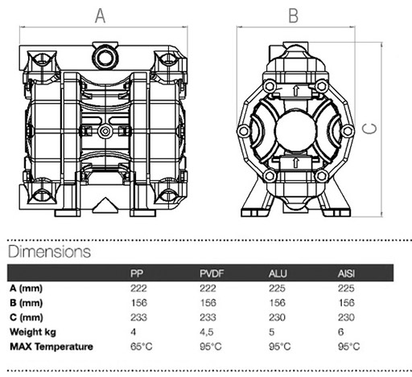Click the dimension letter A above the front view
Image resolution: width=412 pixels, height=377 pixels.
point(101,16)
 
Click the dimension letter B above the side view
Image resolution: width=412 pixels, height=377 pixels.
point(294,16)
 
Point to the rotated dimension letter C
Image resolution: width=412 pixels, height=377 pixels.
point(369,129)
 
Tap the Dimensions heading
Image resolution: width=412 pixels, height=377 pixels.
point(50,252)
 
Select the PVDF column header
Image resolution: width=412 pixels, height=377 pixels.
point(212,273)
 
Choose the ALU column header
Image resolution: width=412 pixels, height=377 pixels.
point(278,273)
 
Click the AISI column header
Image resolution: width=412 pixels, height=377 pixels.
point(346,273)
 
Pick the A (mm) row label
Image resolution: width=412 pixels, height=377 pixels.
point(27,289)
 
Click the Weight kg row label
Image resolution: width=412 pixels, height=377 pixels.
point(33,332)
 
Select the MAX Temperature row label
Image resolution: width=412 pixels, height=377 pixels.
point(51,346)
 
